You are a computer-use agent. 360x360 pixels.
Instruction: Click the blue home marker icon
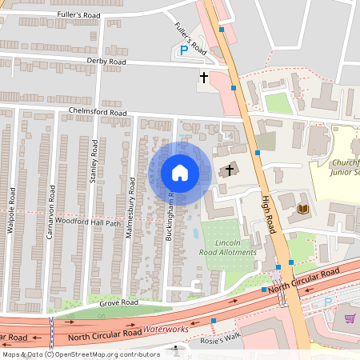[180, 173]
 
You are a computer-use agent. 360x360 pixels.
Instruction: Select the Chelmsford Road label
[98, 114]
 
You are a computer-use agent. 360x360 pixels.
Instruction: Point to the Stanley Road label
[94, 160]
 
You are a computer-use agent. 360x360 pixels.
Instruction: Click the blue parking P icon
[183, 50]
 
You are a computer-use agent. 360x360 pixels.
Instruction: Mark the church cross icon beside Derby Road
[204, 78]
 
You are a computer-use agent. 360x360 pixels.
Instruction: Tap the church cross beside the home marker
[230, 170]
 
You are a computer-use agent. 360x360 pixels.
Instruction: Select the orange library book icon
[302, 210]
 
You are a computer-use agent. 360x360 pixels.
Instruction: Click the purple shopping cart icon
[350, 318]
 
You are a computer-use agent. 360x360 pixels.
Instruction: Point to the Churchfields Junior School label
[346, 166]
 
